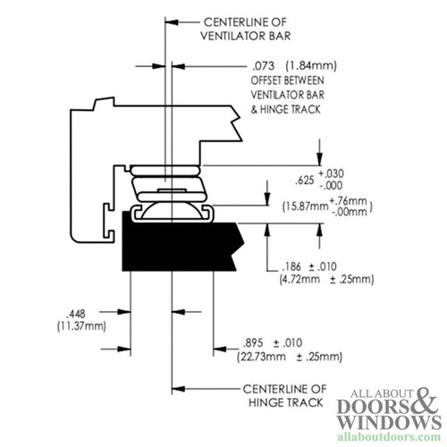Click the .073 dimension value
point(262,65)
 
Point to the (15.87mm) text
point(300,207)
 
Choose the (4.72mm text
point(289,280)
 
